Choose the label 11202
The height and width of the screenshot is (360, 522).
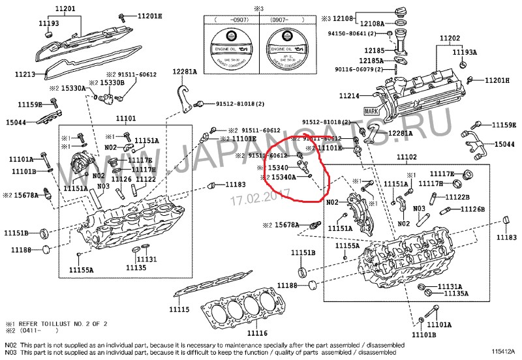click(x=450, y=38)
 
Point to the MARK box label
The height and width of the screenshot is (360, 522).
click(x=372, y=112)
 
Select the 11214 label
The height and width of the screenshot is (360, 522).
click(x=349, y=96)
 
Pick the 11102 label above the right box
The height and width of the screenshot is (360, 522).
click(x=408, y=158)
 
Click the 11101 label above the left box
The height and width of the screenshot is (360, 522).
click(x=126, y=119)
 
